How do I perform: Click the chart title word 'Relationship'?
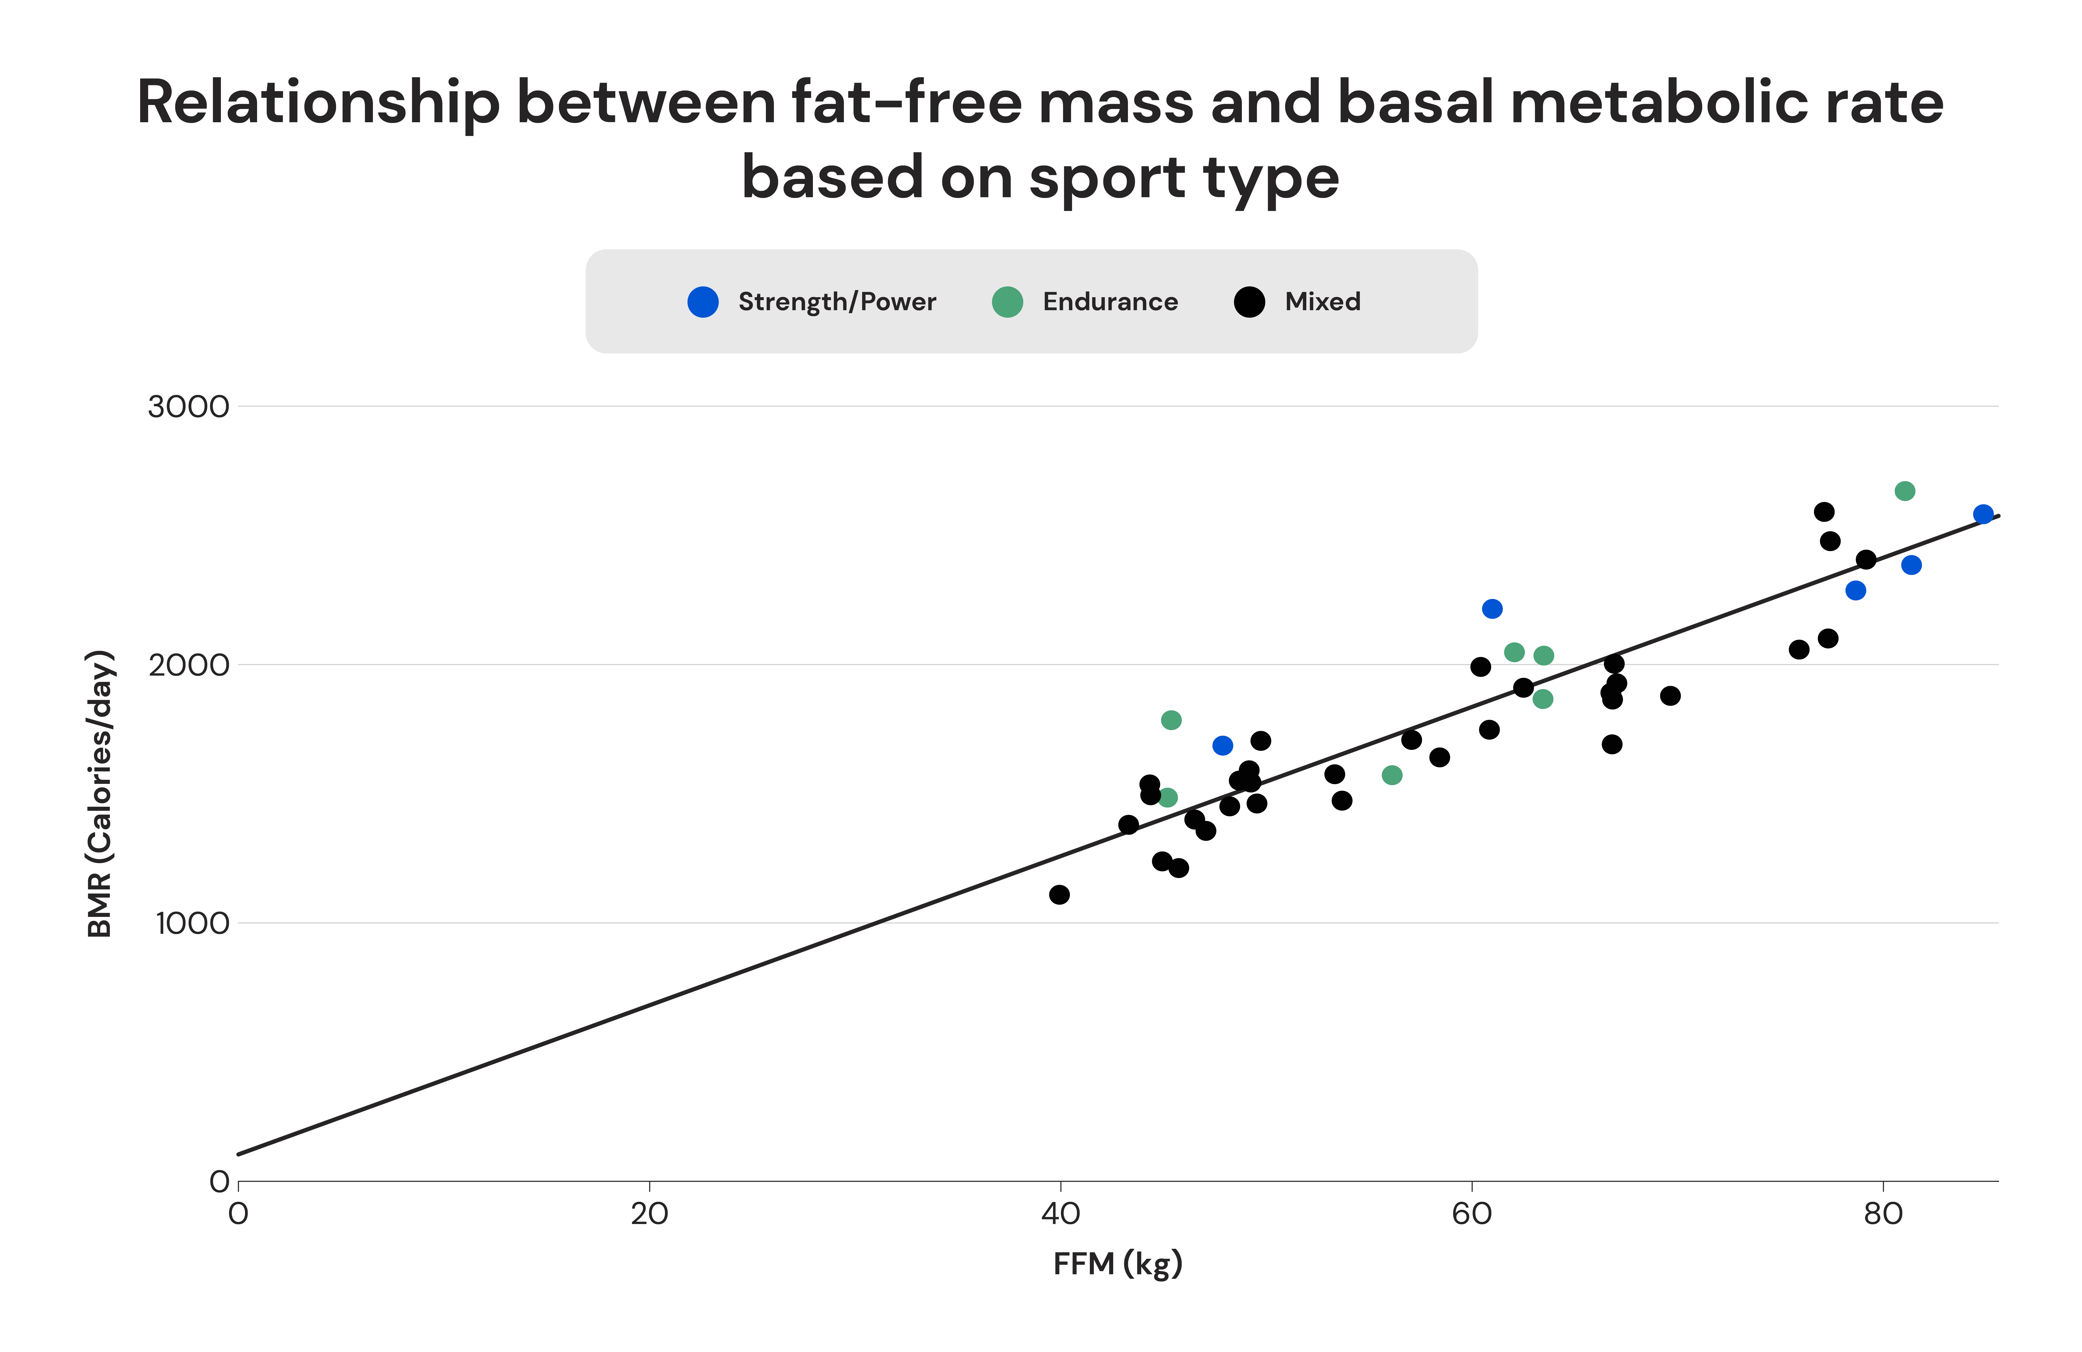tap(319, 103)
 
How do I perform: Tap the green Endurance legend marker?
tap(1007, 302)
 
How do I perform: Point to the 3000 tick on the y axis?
tap(188, 407)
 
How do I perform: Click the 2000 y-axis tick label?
tap(188, 665)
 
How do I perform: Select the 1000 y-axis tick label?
tap(192, 923)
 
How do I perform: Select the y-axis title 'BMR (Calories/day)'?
tap(101, 794)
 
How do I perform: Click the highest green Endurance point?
tap(1904, 491)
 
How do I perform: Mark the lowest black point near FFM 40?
tap(1059, 894)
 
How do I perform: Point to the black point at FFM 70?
tap(1670, 696)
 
